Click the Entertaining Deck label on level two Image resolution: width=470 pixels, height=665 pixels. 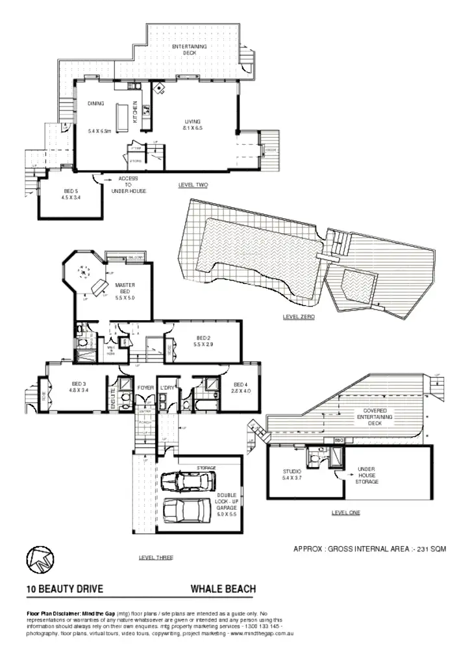click(189, 50)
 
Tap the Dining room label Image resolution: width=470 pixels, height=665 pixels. click(96, 104)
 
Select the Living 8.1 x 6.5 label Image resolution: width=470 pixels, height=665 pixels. click(193, 125)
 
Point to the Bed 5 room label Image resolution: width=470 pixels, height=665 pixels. click(71, 194)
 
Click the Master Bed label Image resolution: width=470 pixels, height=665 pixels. click(124, 291)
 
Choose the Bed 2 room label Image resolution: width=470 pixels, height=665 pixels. click(203, 341)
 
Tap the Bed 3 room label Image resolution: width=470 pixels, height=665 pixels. click(79, 388)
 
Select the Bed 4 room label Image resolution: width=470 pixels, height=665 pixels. click(241, 388)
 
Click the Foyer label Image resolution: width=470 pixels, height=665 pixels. click(145, 388)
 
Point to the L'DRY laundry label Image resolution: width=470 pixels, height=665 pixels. click(167, 388)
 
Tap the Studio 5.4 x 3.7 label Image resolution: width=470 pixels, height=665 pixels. click(292, 474)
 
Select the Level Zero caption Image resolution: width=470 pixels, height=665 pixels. click(299, 317)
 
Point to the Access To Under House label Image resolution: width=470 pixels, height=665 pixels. click(128, 184)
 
